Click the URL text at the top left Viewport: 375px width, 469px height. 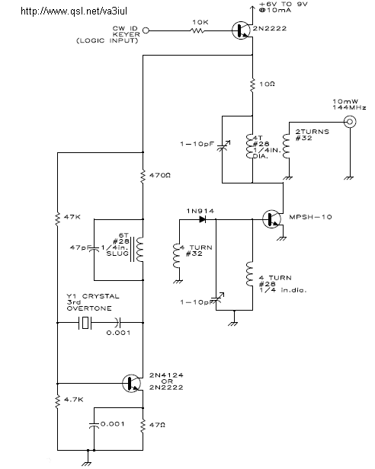point(74,11)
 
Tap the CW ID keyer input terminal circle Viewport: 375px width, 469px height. point(146,30)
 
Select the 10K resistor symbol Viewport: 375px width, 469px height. point(197,30)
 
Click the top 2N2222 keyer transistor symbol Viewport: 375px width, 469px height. point(241,30)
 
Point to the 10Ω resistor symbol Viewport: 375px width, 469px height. point(252,85)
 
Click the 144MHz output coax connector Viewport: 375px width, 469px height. point(350,122)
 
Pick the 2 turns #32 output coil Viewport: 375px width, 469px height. point(286,146)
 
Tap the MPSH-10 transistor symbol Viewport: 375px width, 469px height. point(272,219)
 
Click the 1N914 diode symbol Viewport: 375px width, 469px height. point(203,219)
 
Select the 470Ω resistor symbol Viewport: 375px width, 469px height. point(143,176)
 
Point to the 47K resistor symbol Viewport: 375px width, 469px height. point(57,218)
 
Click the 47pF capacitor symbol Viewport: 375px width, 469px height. point(94,249)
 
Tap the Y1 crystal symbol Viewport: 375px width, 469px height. point(85,323)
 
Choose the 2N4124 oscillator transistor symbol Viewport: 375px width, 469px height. point(132,383)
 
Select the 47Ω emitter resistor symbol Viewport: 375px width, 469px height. point(143,426)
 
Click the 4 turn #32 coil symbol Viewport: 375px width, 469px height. point(177,256)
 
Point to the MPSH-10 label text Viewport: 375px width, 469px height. point(311,217)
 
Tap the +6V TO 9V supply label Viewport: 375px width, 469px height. point(283,5)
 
